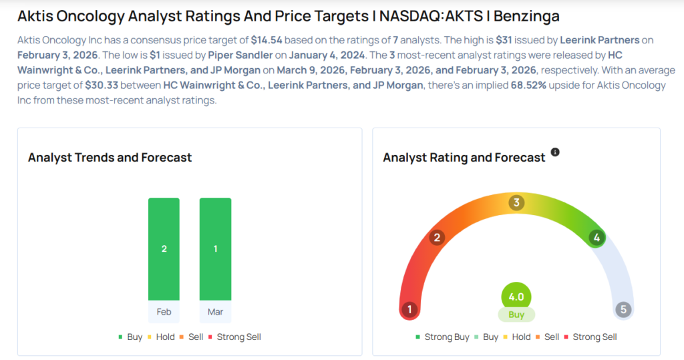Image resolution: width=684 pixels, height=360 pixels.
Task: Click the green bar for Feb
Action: (164, 248)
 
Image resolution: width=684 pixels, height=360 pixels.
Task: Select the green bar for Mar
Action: (215, 248)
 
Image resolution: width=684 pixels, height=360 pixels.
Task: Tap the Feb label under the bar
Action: (164, 311)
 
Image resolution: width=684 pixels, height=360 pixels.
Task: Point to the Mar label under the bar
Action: (215, 311)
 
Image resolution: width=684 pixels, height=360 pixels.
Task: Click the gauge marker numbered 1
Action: (409, 309)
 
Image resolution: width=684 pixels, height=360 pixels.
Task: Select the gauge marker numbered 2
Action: (437, 238)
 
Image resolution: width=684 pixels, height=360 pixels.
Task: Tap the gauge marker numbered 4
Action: (596, 238)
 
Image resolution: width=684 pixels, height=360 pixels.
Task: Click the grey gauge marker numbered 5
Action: (623, 309)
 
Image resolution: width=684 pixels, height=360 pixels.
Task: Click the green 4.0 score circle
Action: (516, 297)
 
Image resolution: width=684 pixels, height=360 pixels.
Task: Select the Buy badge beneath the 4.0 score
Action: (516, 315)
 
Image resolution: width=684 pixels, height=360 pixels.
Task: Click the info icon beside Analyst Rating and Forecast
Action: (555, 152)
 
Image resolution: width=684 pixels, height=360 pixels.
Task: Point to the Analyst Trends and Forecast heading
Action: (110, 158)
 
